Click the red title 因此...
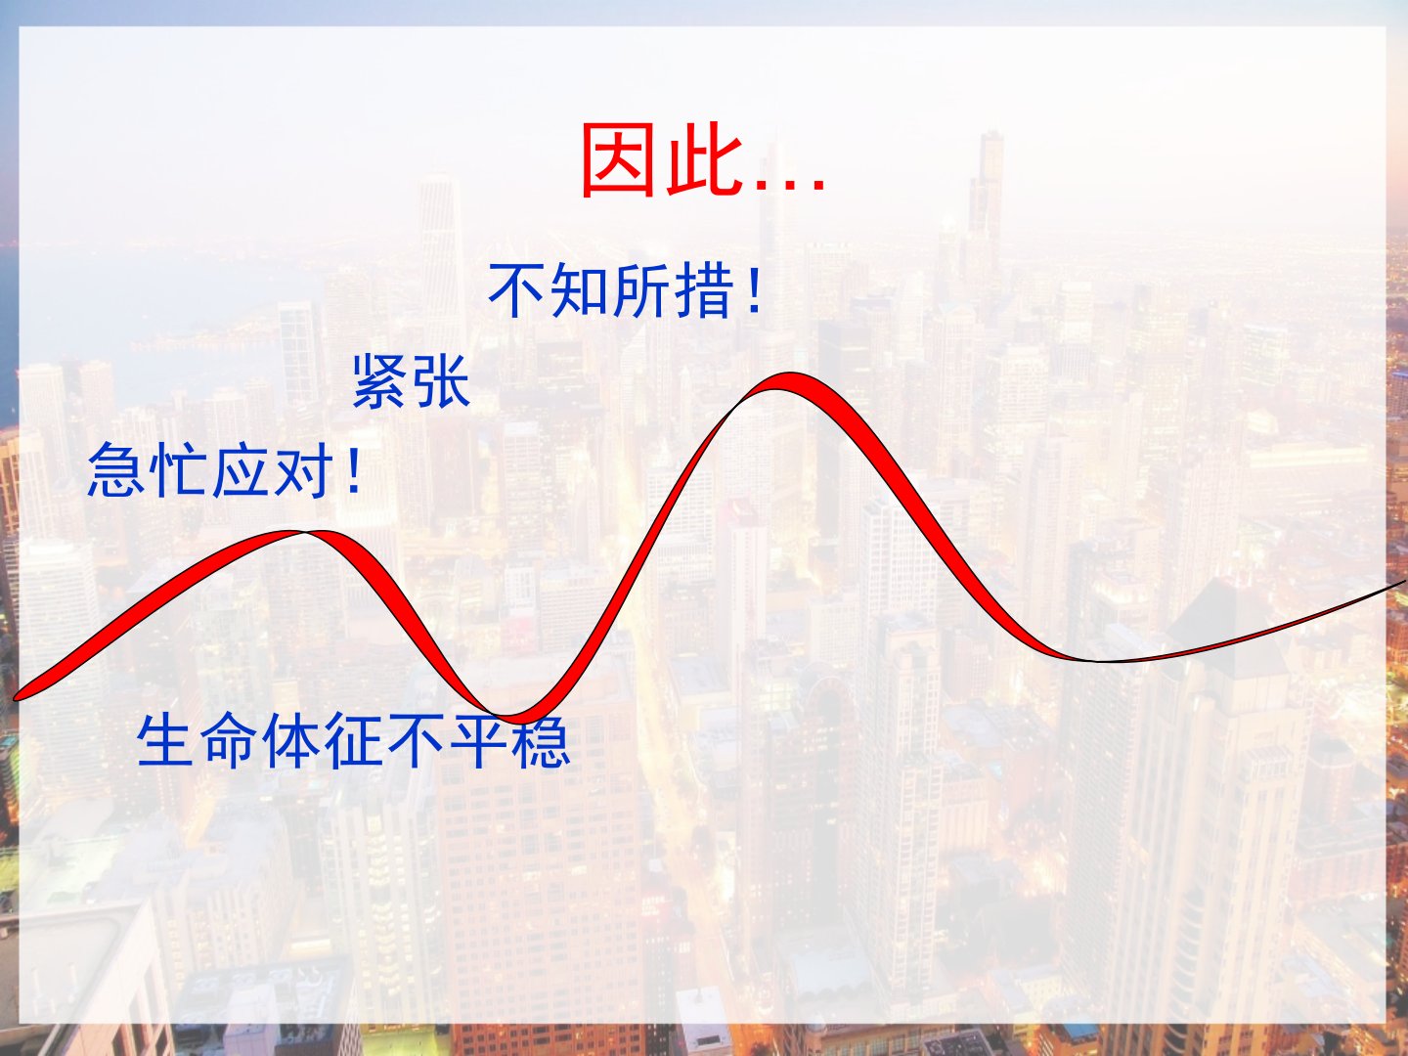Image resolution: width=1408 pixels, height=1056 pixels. (x=663, y=159)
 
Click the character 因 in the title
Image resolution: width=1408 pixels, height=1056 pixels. (x=618, y=159)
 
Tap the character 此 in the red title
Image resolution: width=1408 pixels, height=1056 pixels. (x=705, y=159)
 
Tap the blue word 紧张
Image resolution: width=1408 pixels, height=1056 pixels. (x=412, y=381)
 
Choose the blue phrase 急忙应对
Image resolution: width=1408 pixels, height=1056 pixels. (x=210, y=470)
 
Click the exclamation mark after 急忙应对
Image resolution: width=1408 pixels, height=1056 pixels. (x=353, y=470)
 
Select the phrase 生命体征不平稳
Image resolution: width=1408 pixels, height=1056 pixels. (x=353, y=741)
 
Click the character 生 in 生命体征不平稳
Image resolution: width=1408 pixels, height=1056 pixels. (x=165, y=741)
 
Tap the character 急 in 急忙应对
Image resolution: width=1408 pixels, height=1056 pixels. (x=115, y=470)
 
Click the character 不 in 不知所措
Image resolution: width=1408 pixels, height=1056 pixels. (x=516, y=290)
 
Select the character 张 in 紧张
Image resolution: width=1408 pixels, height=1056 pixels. (x=443, y=381)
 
